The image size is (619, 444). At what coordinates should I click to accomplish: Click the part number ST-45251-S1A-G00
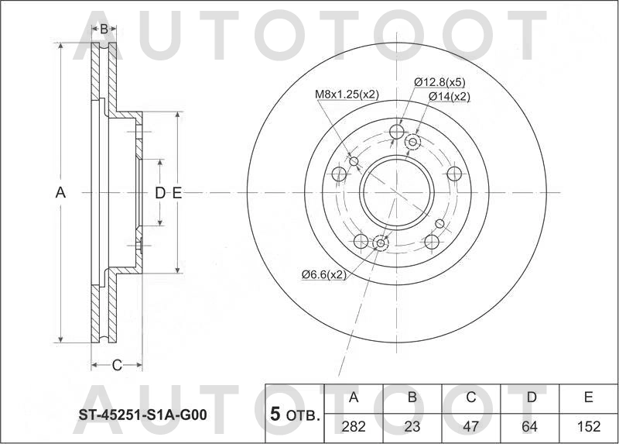(142, 415)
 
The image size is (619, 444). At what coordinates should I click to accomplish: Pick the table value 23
(412, 425)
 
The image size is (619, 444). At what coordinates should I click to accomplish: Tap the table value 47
(470, 425)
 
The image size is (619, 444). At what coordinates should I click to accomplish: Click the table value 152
(588, 425)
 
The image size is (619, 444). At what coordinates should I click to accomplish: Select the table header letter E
(588, 398)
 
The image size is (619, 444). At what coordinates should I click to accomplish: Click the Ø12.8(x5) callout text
(439, 82)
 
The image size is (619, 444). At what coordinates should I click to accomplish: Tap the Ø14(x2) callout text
(450, 96)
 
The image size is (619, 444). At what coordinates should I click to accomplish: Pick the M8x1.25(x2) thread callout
(346, 95)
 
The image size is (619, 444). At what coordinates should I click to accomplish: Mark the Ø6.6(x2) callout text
(323, 274)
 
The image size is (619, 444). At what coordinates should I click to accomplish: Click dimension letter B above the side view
(104, 29)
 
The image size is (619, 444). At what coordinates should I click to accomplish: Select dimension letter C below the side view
(117, 365)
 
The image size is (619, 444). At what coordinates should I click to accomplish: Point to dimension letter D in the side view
(159, 193)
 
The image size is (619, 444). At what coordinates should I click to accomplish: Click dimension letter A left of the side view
(60, 193)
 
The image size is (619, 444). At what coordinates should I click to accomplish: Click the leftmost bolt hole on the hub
(339, 174)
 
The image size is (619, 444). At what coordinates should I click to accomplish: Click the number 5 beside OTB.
(274, 415)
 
